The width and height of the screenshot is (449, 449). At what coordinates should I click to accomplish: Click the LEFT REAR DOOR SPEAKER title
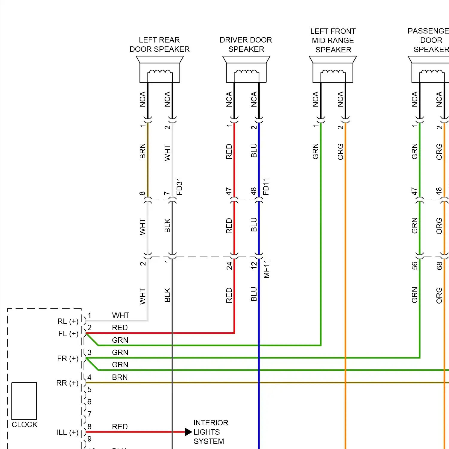[160, 45]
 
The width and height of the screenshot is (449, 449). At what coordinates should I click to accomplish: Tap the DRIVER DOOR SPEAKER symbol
[246, 69]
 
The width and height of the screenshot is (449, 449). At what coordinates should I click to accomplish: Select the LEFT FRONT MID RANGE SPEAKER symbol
[333, 69]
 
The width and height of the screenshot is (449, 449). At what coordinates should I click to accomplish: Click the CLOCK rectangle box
[24, 401]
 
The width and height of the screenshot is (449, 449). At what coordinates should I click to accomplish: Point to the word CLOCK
[25, 424]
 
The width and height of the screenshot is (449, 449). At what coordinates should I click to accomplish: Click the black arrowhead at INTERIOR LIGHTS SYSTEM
[188, 432]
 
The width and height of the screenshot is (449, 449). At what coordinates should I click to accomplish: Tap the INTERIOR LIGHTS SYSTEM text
[210, 432]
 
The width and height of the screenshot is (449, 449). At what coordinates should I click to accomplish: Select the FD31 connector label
[179, 186]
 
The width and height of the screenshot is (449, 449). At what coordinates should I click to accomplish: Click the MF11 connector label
[266, 269]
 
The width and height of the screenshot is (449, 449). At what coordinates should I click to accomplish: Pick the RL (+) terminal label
[68, 321]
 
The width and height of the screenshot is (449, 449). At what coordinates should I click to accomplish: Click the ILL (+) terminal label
[68, 433]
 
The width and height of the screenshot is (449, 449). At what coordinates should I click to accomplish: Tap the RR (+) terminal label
[67, 383]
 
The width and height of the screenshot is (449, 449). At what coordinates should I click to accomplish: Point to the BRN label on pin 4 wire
[120, 377]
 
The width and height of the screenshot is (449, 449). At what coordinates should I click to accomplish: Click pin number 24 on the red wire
[229, 266]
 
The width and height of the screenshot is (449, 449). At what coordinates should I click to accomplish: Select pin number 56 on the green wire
[414, 266]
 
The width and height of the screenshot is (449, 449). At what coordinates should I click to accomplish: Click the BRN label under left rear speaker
[142, 151]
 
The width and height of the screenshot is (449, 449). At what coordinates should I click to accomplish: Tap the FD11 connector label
[266, 186]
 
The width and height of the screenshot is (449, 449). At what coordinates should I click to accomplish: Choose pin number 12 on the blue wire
[254, 266]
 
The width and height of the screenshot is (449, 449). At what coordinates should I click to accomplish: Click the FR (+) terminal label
[68, 358]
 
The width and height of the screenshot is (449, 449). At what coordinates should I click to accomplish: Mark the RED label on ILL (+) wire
[120, 427]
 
